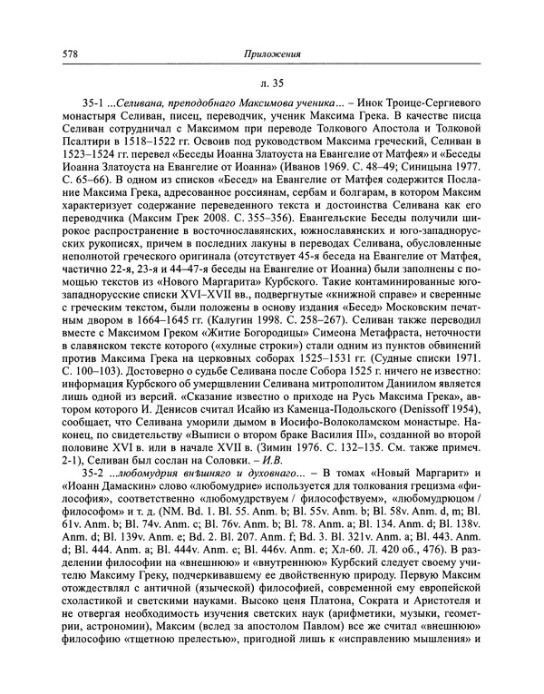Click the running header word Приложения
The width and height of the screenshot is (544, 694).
pyautogui.click(x=272, y=54)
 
